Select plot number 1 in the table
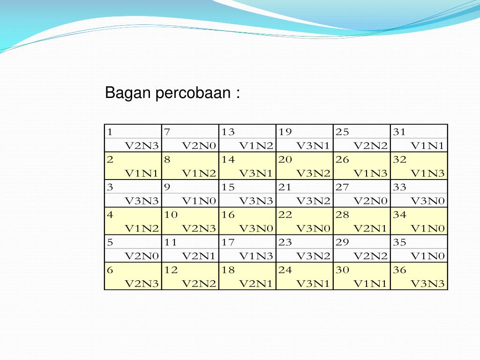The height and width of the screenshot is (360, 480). [109, 132]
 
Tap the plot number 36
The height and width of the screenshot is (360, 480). [400, 270]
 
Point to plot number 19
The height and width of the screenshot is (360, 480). [285, 132]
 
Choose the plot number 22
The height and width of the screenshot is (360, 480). [285, 215]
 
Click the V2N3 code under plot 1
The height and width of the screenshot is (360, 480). [142, 145]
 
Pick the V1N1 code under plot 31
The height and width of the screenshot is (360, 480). [427, 145]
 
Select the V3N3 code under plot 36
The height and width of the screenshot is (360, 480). [427, 284]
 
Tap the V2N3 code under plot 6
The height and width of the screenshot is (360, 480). [142, 284]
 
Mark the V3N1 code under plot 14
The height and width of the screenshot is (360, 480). [256, 173]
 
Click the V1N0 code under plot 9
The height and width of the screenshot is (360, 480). [199, 201]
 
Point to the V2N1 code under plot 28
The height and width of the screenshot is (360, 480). [370, 228]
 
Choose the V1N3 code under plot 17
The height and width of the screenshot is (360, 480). [256, 256]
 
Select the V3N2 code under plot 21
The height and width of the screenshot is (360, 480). [313, 201]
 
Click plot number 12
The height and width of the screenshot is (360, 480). [171, 270]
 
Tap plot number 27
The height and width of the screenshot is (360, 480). [342, 187]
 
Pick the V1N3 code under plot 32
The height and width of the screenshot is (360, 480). [427, 173]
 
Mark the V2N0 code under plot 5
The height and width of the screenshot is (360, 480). [142, 256]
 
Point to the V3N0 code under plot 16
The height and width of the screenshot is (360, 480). [256, 228]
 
